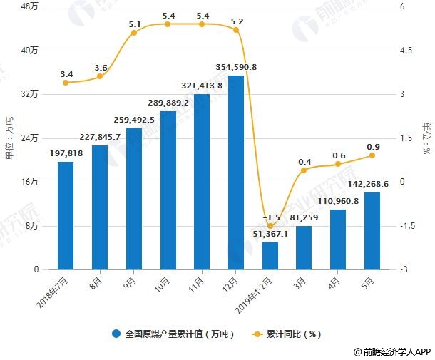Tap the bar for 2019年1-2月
(270, 256)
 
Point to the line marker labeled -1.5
(270, 226)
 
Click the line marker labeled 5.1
(134, 33)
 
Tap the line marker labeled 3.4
(66, 83)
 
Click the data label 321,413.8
(202, 86)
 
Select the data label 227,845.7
(100, 137)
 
